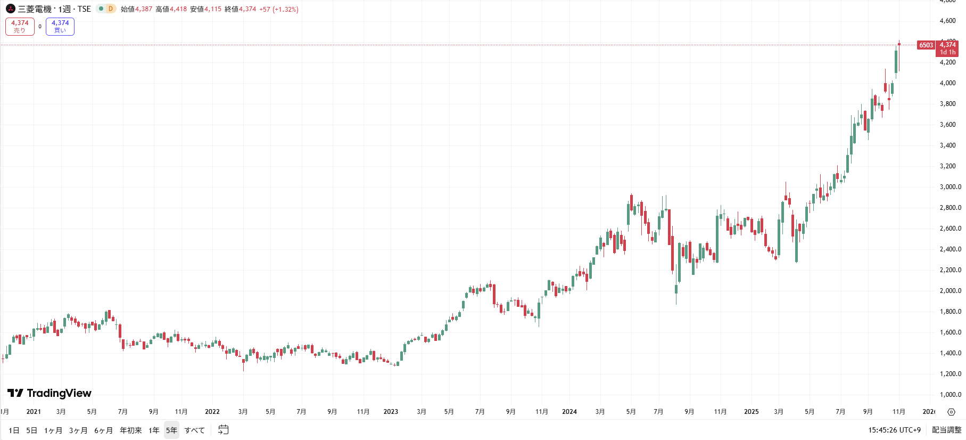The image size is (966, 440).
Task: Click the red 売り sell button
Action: point(20,27)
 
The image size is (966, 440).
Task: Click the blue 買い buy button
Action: point(60,27)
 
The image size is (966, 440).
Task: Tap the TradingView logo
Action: point(49,393)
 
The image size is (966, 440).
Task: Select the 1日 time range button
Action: point(14,430)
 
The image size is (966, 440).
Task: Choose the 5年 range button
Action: point(171,430)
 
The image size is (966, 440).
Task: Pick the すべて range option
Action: point(195,430)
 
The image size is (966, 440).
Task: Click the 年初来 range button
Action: point(131,430)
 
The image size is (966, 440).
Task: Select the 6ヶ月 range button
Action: point(103,430)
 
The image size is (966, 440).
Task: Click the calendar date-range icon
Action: point(224,430)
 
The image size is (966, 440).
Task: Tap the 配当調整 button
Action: point(946,430)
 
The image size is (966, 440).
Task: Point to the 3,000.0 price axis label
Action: point(951,187)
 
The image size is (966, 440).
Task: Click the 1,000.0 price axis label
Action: point(951,395)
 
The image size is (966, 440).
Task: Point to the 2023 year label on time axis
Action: point(391,412)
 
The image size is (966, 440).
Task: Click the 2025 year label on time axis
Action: point(751,412)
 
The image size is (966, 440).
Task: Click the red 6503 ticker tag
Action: point(926,45)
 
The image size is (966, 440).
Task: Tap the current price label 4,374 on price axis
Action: point(948,45)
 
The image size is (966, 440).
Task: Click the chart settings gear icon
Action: point(952,412)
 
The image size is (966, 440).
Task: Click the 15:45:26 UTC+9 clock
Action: point(894,430)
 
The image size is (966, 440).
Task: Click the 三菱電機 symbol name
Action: point(35,9)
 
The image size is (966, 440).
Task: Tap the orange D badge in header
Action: point(111,9)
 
